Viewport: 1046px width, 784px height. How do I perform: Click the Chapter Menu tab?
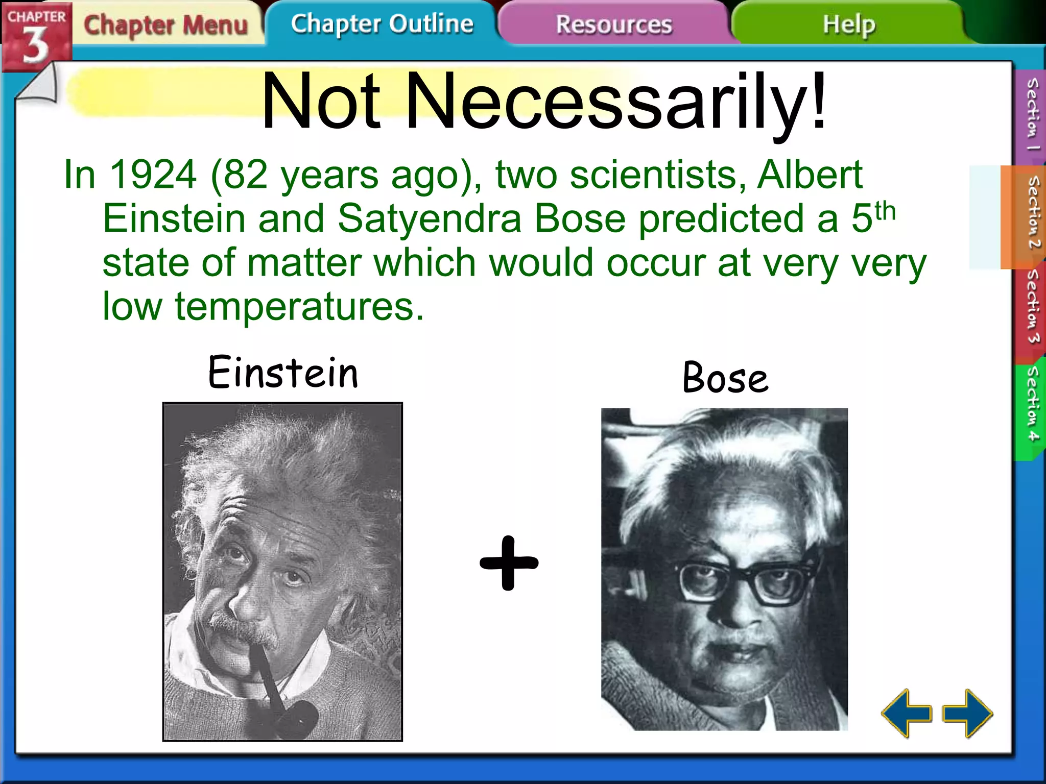coord(166,24)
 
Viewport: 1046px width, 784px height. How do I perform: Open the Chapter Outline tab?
coord(382,24)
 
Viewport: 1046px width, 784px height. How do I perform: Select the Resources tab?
coord(613,24)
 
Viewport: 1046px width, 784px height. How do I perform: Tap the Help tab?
coord(849,24)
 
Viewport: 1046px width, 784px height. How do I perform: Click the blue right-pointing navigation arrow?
coord(968,713)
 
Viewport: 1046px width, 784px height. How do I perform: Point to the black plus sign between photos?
coord(509,563)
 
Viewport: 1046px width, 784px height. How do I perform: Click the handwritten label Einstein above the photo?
coord(283,372)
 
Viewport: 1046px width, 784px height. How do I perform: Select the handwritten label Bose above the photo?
coord(725,378)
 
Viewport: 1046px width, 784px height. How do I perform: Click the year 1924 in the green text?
coord(153,175)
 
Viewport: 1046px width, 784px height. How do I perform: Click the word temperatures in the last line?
coord(299,307)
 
